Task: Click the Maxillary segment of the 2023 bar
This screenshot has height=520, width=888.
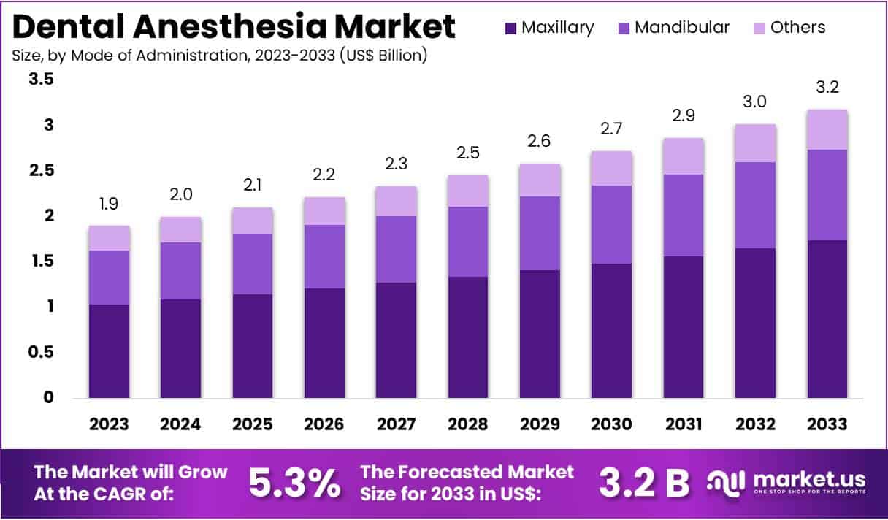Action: coord(110,351)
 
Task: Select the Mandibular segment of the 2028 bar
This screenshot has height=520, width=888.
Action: coord(468,242)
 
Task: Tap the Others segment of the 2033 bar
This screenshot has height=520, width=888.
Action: coord(827,130)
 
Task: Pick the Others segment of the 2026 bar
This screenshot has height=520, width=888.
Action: coord(325,211)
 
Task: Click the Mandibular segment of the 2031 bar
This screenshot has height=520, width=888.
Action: coord(684,215)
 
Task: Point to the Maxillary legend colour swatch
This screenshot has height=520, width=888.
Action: coord(510,28)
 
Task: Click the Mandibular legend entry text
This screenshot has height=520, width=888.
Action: coord(682,28)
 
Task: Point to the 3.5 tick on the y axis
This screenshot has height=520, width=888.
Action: coord(41,80)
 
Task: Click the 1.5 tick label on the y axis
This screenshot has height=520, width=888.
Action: coord(41,261)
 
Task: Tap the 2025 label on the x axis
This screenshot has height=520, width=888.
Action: coord(253,424)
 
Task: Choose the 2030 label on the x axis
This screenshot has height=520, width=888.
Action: coord(612,424)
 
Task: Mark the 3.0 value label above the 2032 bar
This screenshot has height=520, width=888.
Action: coord(755,102)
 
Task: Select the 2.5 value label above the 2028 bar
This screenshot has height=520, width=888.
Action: coord(468,153)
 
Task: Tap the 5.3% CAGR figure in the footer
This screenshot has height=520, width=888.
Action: coord(294,482)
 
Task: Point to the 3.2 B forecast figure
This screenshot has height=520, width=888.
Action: coord(644,482)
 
